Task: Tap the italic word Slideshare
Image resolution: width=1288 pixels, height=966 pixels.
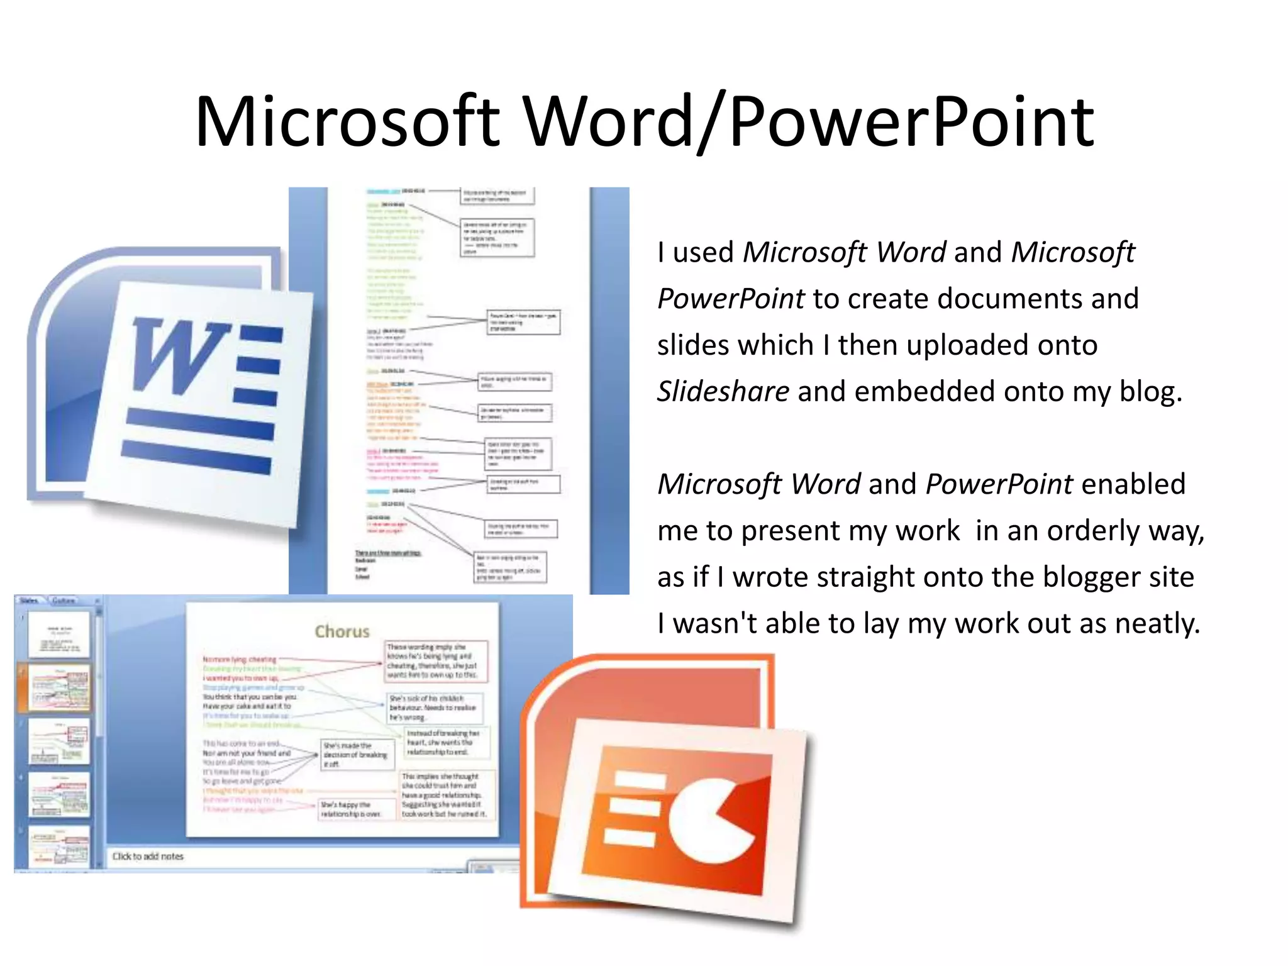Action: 723,391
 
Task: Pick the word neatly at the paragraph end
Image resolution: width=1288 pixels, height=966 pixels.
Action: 1157,623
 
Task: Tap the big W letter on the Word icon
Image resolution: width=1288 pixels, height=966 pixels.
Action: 179,355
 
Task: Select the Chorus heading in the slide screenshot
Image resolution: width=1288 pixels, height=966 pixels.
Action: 342,631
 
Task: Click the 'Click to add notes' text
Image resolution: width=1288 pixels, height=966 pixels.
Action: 148,857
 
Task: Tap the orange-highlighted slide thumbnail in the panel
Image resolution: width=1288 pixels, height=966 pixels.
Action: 60,688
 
